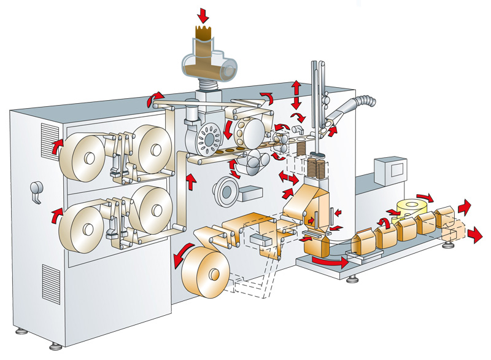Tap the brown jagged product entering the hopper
(202, 34)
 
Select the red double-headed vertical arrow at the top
(296, 94)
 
